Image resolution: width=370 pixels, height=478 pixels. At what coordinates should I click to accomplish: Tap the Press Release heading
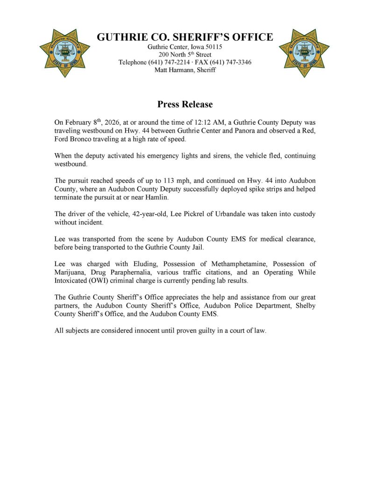tap(185, 104)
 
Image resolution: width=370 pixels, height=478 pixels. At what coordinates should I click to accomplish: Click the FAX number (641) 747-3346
tap(230, 62)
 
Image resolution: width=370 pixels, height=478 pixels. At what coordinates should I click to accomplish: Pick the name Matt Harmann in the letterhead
tap(173, 70)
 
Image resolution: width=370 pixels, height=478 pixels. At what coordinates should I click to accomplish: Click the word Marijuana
tap(71, 272)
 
